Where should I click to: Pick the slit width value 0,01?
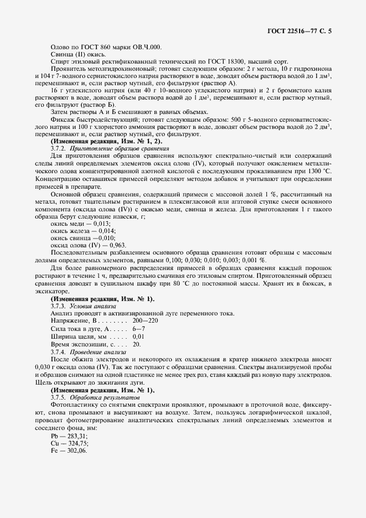138,336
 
